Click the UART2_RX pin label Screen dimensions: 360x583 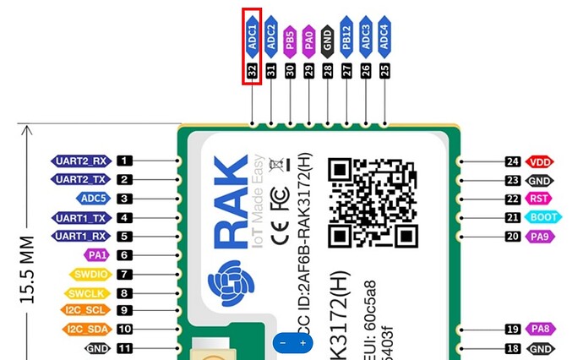pyautogui.click(x=81, y=161)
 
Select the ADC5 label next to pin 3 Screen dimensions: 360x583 pyautogui.click(x=93, y=199)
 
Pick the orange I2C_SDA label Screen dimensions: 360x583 pyautogui.click(x=87, y=330)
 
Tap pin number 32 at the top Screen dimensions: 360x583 pyautogui.click(x=252, y=72)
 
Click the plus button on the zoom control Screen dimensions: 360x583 pyautogui.click(x=302, y=343)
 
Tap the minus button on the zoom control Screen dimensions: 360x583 pyautogui.click(x=283, y=343)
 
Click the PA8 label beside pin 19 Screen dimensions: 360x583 pyautogui.click(x=538, y=330)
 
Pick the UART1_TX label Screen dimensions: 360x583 pyautogui.click(x=81, y=218)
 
